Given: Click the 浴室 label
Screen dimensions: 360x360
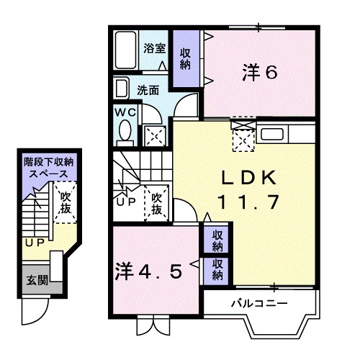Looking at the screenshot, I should pos(155,49).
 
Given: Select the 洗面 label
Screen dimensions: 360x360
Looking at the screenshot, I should pos(148,91).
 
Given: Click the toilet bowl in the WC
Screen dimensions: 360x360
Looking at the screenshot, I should pos(124,132).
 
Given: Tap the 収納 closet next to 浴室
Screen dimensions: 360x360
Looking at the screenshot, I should pos(186,58).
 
